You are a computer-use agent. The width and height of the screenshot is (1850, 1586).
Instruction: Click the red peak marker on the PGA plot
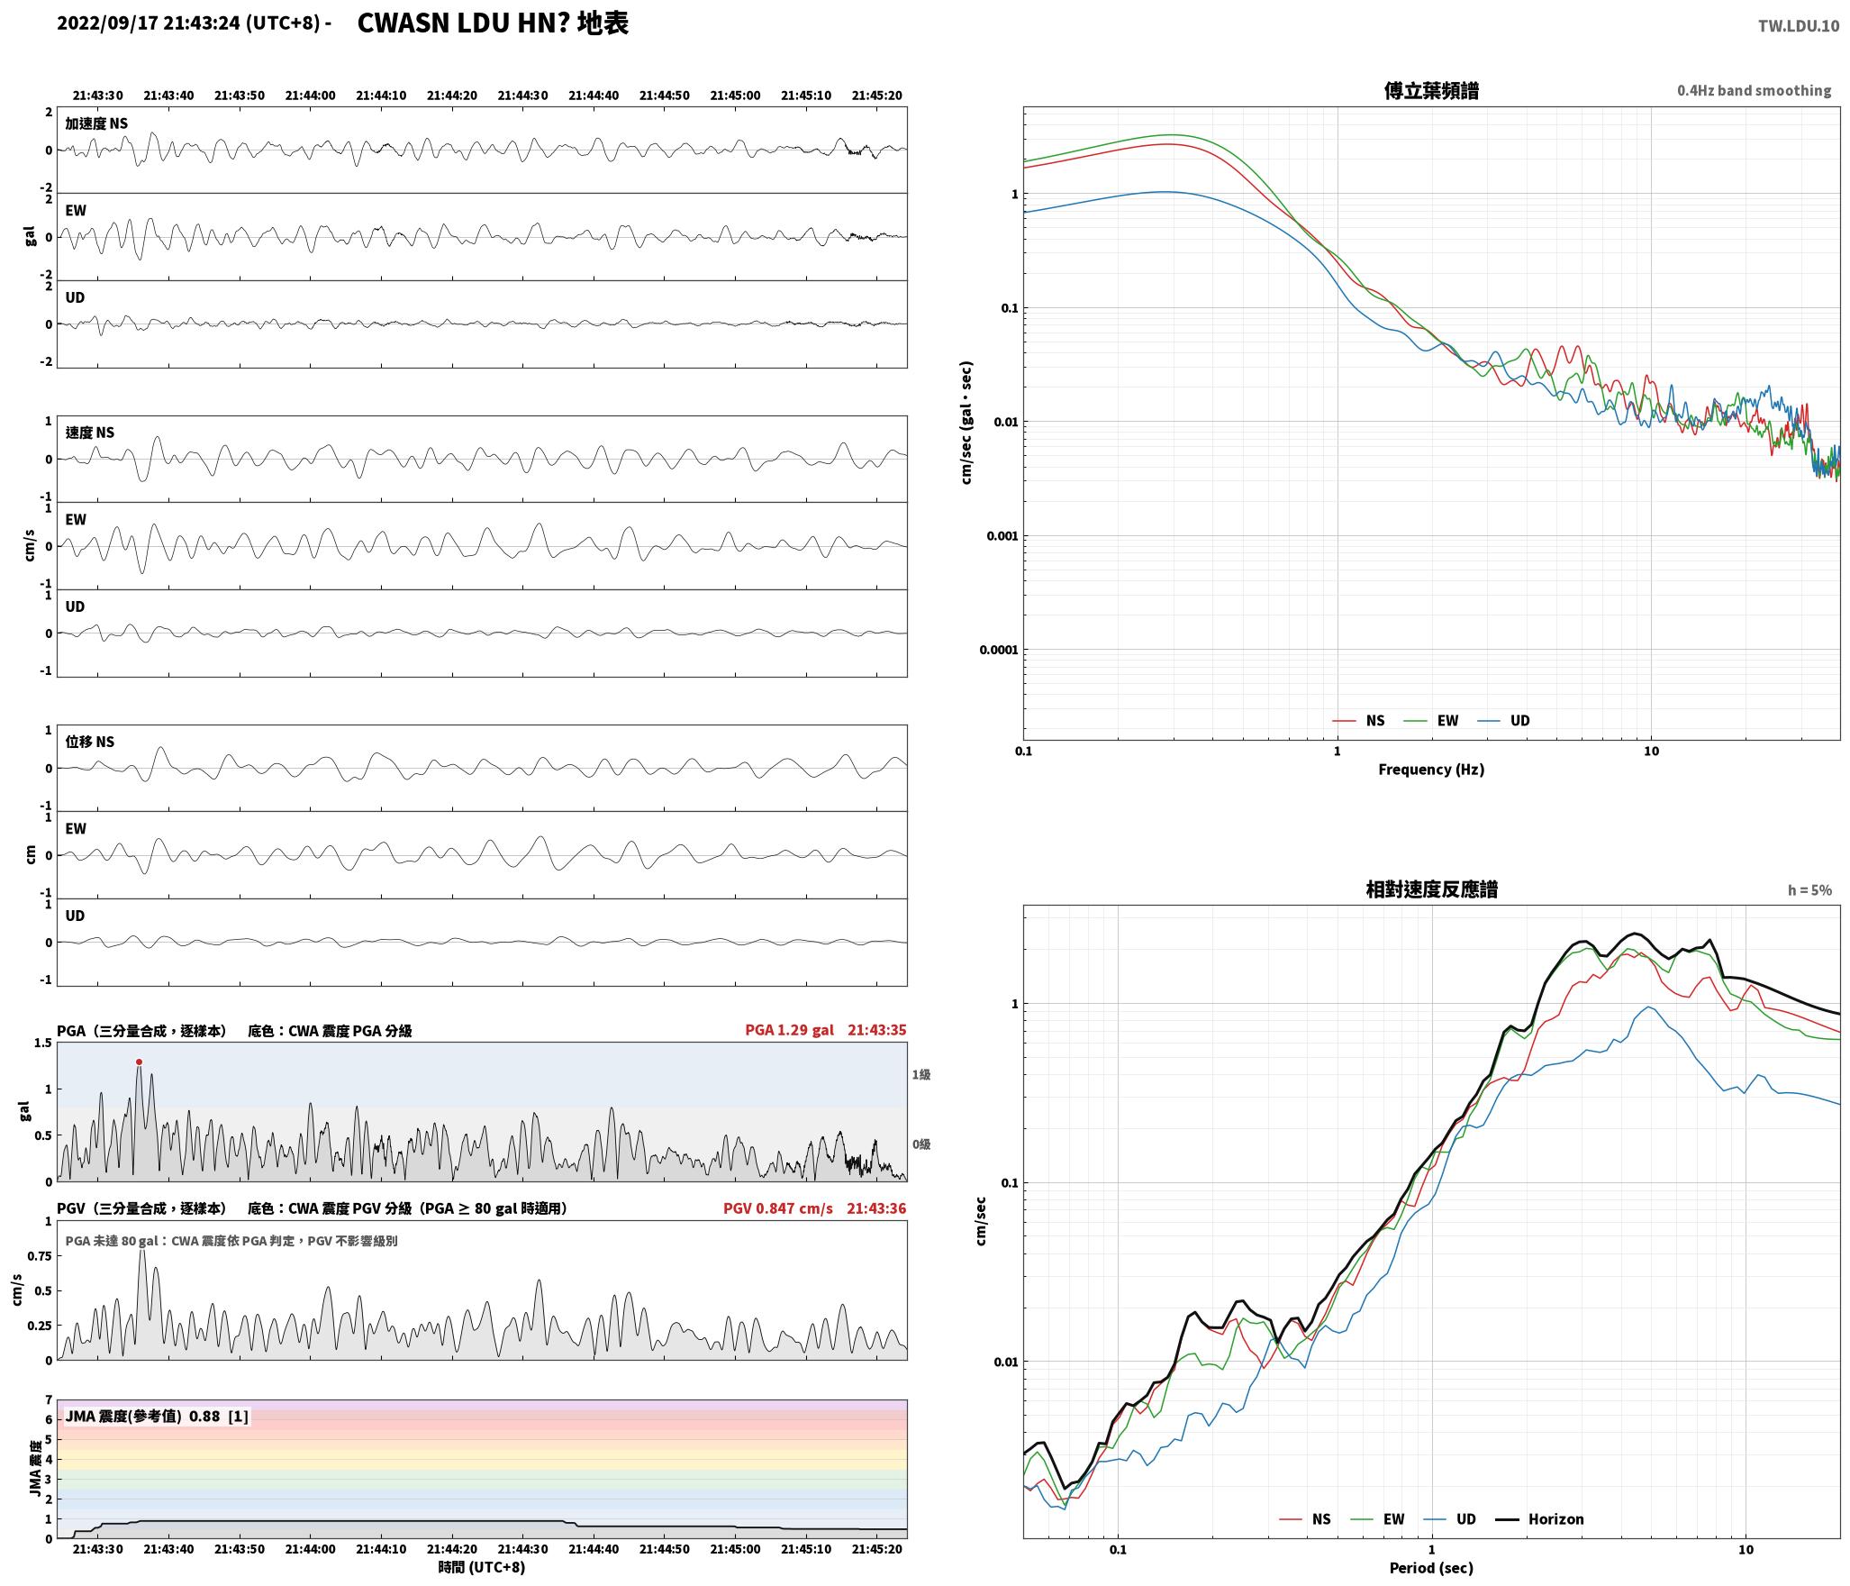(139, 1062)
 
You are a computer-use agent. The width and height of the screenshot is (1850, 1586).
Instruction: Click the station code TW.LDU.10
(1798, 25)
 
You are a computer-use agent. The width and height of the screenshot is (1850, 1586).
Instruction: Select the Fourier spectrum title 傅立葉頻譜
(1430, 90)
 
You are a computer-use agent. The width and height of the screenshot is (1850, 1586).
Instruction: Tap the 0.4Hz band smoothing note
(1754, 90)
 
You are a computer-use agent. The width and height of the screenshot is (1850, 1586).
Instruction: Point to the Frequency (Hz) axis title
(1430, 769)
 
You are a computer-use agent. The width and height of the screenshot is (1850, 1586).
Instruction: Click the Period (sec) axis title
(1430, 1567)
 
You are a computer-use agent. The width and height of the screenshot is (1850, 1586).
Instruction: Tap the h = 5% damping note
(1809, 889)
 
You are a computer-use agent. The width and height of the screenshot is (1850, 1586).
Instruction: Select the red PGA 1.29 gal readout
(789, 1029)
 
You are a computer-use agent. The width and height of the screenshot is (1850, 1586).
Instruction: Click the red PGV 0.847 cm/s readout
(777, 1208)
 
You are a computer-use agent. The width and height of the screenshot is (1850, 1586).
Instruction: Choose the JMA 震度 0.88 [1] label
(157, 1416)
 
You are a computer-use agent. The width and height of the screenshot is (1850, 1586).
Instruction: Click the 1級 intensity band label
(920, 1074)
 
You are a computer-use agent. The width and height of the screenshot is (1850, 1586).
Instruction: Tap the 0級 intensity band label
(920, 1144)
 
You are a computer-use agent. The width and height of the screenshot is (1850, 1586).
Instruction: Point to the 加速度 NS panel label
(95, 123)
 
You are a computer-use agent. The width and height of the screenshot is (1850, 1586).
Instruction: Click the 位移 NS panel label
(89, 742)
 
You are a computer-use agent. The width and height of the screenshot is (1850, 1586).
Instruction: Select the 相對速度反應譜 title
(1431, 889)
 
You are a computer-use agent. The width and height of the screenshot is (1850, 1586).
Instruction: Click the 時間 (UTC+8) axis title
(481, 1567)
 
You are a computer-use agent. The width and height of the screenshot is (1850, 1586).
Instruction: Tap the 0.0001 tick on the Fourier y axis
(998, 650)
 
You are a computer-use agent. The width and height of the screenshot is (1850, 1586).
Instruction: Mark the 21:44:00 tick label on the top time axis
(310, 95)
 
